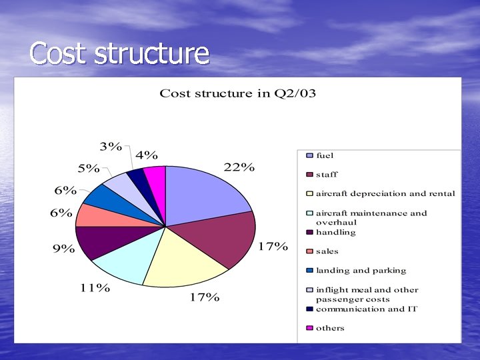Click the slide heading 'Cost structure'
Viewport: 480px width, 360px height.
pos(120,53)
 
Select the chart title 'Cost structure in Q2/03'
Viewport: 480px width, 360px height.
pos(237,93)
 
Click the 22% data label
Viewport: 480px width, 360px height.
pos(239,167)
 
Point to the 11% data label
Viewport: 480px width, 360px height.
pos(94,288)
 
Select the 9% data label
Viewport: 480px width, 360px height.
pos(63,249)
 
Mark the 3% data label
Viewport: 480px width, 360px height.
pos(111,147)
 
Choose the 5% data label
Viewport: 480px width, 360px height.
pos(89,169)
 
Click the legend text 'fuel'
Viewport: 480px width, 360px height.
pos(325,155)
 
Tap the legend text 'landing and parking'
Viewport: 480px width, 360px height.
pos(361,271)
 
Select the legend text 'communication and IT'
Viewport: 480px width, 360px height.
pos(366,309)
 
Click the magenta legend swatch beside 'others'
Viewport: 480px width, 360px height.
pos(309,328)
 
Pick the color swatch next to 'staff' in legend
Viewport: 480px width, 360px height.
pos(309,175)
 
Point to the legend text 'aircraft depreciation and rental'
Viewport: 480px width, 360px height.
pos(385,194)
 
